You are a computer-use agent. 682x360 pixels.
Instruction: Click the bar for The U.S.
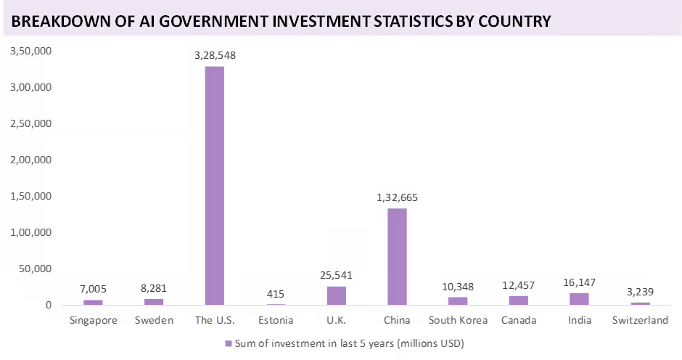tap(214, 185)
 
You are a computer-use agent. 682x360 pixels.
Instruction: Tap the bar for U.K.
tap(336, 295)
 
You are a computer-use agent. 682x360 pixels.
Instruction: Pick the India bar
tap(579, 298)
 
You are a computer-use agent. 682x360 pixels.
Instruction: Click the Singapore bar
tap(93, 302)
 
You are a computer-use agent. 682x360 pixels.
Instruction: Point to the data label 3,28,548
tap(215, 55)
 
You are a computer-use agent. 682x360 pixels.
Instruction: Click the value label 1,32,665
tap(397, 197)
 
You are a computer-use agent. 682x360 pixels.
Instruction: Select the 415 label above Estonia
tap(275, 294)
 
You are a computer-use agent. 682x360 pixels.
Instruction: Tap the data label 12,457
tap(518, 285)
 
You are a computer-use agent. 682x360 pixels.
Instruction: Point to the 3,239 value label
tap(640, 292)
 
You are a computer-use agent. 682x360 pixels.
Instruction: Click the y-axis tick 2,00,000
tap(30, 160)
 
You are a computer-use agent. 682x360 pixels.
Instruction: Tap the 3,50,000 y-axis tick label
tap(30, 51)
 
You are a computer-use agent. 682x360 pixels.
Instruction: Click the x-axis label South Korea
tap(458, 320)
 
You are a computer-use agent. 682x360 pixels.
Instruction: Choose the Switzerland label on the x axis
tap(640, 320)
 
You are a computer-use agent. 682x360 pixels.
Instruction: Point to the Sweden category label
tap(154, 320)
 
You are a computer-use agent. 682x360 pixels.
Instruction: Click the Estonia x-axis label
tap(275, 320)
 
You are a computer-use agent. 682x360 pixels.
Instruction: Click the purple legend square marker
tap(228, 343)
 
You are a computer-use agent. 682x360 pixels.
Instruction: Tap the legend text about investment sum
tap(348, 343)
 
